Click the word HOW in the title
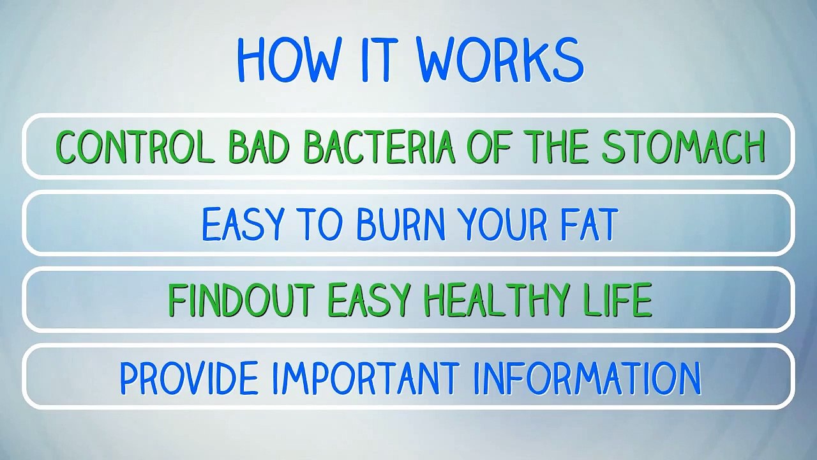coord(287,59)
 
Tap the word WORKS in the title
coord(500,59)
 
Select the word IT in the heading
coord(379,59)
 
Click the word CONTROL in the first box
coord(134,147)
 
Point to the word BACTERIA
coord(379,147)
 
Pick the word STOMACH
coord(683,147)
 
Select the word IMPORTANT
coord(366,377)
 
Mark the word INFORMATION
coord(587,377)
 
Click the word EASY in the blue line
coord(243,224)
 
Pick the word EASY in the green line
coord(369,300)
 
